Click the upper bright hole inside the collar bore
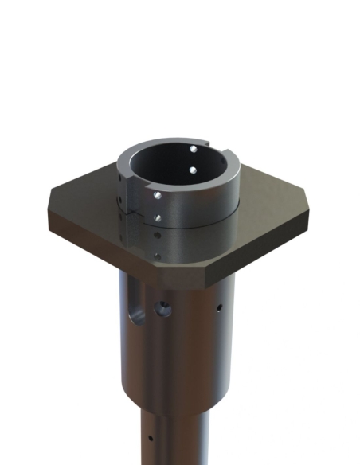coord(194,149)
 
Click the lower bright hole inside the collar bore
coord(193,170)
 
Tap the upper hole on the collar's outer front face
coord(159,194)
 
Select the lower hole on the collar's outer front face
coord(158,217)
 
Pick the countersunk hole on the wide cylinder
coord(163,307)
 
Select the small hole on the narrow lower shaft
coord(151,437)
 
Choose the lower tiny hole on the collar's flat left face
coord(120,199)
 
